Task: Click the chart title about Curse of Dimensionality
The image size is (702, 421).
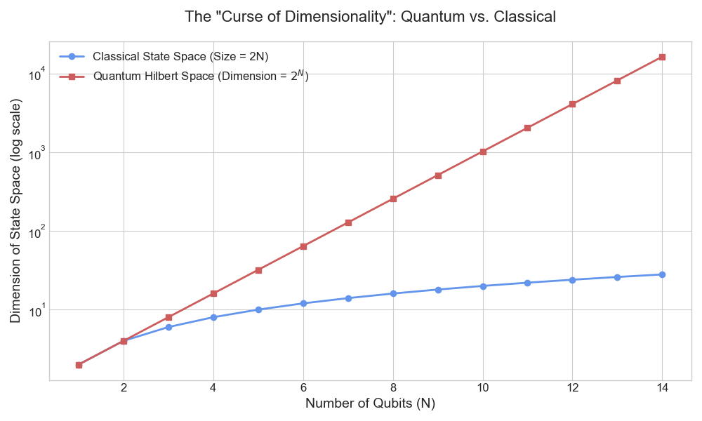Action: pos(370,17)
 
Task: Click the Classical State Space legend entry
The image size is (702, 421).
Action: pos(180,56)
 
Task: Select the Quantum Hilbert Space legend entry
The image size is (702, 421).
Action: pos(201,76)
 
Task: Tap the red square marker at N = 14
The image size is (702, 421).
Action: pos(662,57)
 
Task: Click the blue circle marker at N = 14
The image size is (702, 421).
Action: pos(662,274)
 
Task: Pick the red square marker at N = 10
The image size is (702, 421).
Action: pos(482,152)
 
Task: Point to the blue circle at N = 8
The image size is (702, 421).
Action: pos(393,293)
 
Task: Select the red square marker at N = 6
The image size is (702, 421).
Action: pos(303,246)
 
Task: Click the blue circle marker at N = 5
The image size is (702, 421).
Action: pos(258,309)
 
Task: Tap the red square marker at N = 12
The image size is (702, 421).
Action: pos(572,104)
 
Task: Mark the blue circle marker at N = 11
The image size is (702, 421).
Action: pos(527,283)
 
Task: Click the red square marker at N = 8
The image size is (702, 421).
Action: pos(393,199)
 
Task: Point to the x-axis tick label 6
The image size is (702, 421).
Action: pos(303,388)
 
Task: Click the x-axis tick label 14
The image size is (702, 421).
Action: pos(662,388)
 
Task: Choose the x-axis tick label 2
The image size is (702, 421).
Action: pos(124,388)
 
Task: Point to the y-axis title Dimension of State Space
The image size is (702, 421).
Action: pos(15,210)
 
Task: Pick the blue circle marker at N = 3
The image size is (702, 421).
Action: pos(168,327)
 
